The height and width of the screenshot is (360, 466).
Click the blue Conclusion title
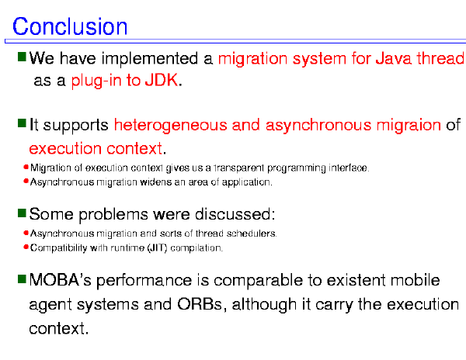(70, 26)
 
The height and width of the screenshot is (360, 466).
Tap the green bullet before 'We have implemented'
(22, 57)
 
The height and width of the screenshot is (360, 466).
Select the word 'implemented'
(150, 58)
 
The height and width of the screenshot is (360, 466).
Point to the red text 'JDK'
(162, 80)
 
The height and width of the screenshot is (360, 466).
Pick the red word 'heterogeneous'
(170, 125)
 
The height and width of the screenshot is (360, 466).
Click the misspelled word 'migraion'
(409, 125)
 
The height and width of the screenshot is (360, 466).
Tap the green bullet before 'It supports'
(22, 123)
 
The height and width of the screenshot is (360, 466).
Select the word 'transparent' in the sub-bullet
(239, 168)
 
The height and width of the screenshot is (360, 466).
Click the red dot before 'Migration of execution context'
(26, 167)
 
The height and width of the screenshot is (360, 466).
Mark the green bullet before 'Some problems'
(22, 213)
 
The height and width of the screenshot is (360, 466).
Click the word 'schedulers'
(252, 234)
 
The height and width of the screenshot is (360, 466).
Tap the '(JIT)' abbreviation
(158, 247)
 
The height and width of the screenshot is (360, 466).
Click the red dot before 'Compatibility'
(26, 247)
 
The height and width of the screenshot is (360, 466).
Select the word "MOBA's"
(61, 280)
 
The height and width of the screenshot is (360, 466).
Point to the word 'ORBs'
(200, 304)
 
